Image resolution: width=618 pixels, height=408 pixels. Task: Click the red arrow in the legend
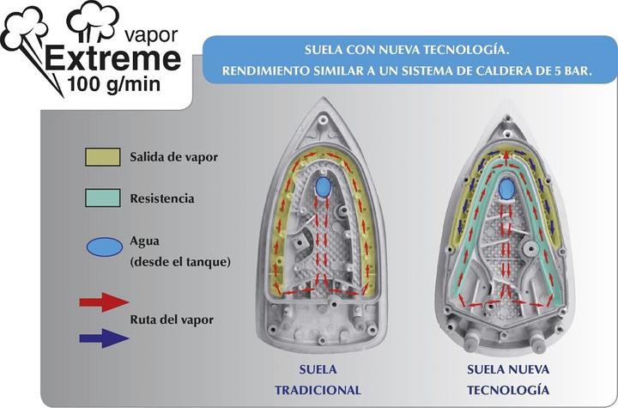(x=103, y=301)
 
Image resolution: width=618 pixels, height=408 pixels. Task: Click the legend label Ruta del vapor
(x=184, y=320)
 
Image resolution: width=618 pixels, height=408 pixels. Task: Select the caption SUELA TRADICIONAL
(x=318, y=380)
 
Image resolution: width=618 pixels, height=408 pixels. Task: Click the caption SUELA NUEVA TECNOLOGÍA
(x=507, y=380)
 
